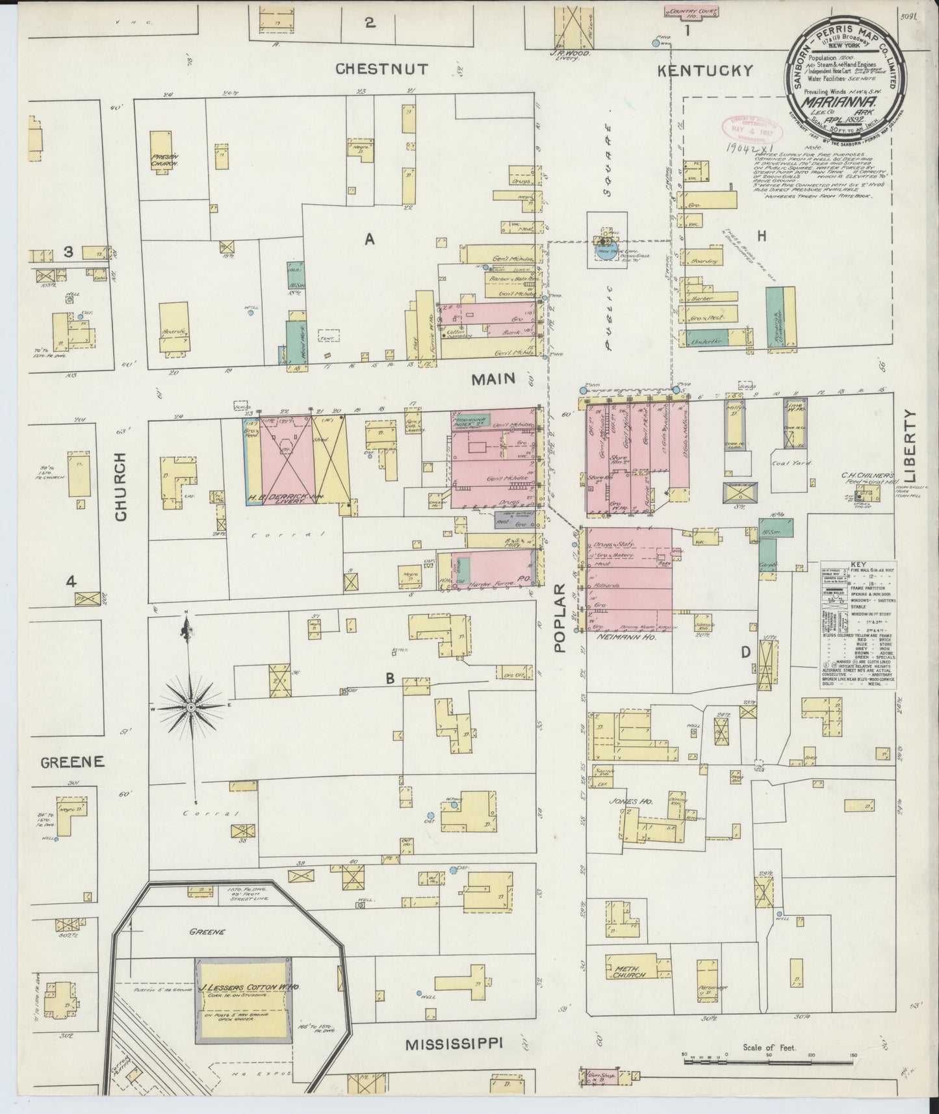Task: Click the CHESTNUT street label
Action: (382, 69)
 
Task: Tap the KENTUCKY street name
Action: (704, 71)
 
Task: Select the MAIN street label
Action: (493, 378)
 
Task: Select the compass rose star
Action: (192, 706)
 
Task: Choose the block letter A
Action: (370, 240)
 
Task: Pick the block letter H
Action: (762, 236)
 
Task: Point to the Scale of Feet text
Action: (769, 1048)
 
